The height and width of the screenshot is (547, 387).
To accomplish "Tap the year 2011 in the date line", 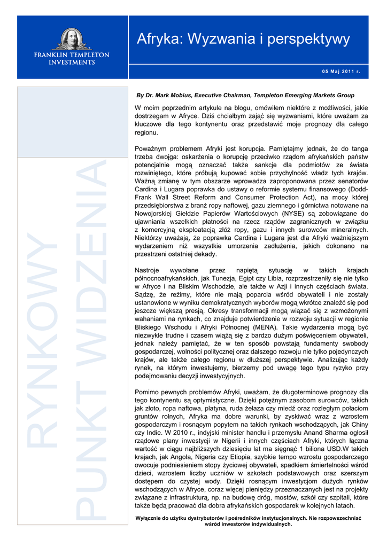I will (346, 72).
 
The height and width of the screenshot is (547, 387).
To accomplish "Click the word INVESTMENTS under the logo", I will (72, 62).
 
